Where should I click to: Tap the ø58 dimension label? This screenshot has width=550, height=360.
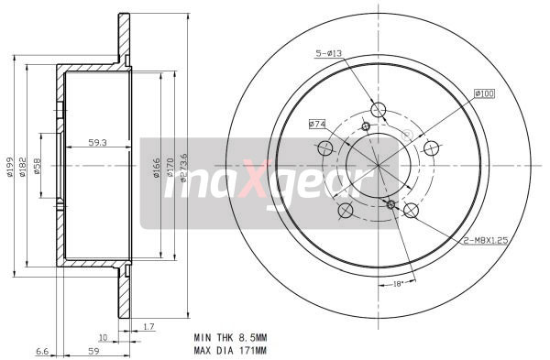click(x=38, y=167)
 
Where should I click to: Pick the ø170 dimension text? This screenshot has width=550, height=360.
click(x=170, y=167)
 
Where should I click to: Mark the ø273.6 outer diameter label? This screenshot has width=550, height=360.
click(x=184, y=167)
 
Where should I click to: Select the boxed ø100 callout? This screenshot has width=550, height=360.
click(x=484, y=93)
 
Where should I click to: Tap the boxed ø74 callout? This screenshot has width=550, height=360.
click(x=318, y=123)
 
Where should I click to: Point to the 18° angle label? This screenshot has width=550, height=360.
click(x=398, y=284)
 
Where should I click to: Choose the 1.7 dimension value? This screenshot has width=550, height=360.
click(x=148, y=325)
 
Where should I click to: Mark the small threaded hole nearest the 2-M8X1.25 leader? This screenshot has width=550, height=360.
click(x=391, y=204)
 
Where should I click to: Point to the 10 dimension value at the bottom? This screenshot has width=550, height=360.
click(x=104, y=337)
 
